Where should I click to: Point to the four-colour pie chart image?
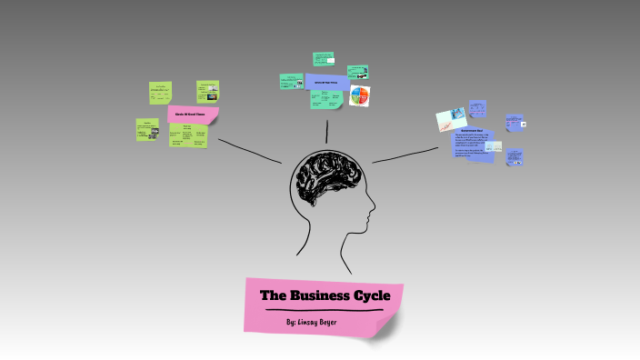point(361,95)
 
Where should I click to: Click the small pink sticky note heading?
point(193,115)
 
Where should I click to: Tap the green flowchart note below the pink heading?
point(188,136)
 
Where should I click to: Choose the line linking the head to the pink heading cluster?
point(250,150)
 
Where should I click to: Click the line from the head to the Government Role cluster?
point(405,155)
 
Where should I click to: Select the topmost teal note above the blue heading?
point(324,58)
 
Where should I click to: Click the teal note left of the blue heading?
point(291,81)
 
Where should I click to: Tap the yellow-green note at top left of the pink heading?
point(161,92)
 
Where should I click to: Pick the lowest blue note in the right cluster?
point(515,157)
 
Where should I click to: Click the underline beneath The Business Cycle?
point(324,310)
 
